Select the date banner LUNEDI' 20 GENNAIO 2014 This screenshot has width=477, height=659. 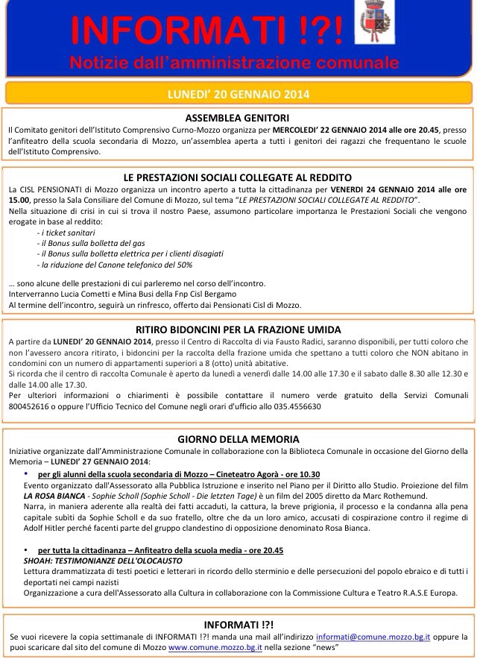point(238,94)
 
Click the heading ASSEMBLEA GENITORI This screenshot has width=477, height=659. point(238,117)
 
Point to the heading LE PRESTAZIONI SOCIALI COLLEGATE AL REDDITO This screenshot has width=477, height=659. point(238,177)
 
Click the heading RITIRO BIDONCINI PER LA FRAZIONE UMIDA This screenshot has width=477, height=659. point(238,329)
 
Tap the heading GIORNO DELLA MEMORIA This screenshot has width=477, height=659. point(238,439)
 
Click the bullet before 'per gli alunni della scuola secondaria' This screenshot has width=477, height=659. point(27,473)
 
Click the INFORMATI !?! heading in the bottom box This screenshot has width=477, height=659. point(238,623)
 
